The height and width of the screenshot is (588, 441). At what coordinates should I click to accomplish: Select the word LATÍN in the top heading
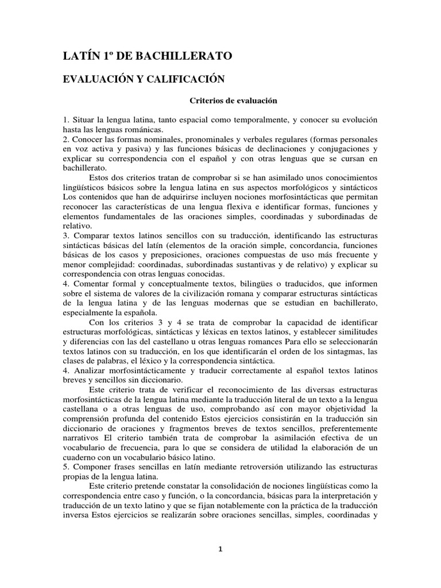81,56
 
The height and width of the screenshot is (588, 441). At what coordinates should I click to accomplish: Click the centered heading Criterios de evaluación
225,100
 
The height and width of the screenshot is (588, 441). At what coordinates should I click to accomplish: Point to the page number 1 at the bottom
220,549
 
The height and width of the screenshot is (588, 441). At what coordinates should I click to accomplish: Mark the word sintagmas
345,351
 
